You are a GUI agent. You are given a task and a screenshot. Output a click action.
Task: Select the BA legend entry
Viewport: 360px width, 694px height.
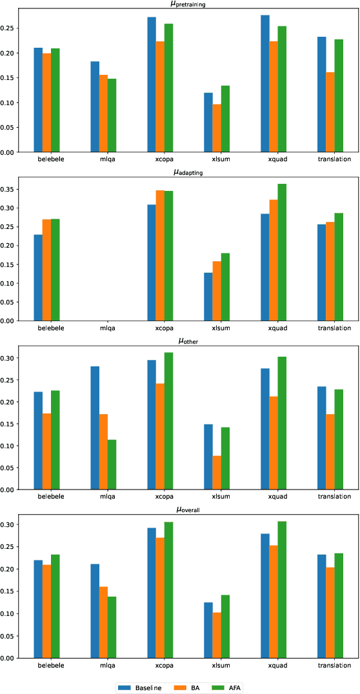click(190, 687)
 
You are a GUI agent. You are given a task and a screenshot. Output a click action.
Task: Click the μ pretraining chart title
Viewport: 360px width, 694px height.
click(179, 4)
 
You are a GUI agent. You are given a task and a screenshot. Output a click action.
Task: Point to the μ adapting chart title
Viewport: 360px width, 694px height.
click(179, 172)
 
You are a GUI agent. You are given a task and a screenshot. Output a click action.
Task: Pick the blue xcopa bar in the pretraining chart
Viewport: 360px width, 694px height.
click(152, 84)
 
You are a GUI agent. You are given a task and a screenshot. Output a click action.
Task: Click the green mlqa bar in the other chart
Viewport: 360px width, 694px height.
click(112, 464)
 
